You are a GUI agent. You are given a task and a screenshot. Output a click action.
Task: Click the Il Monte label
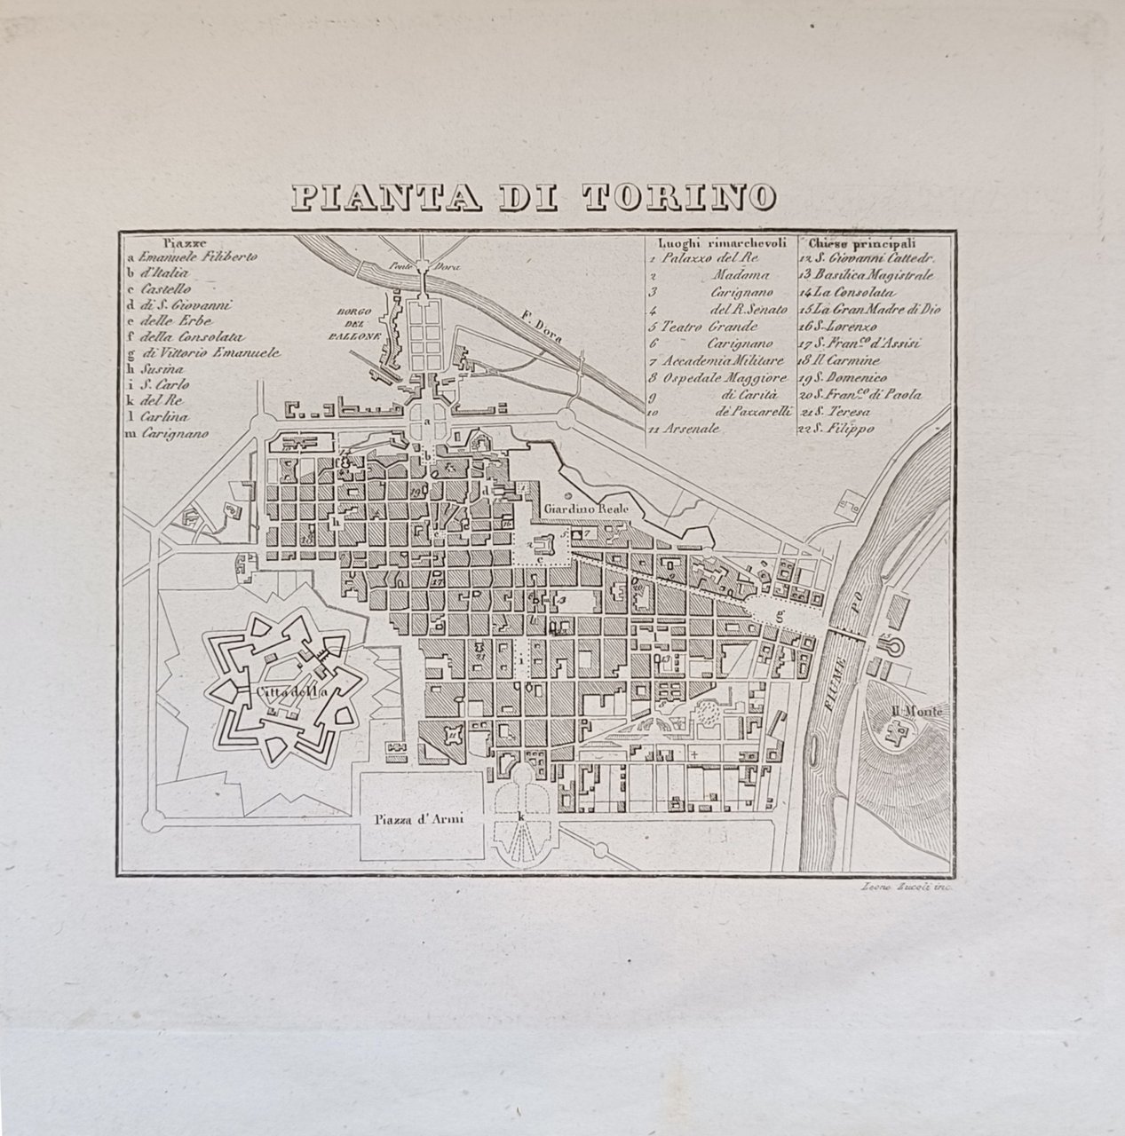point(916,712)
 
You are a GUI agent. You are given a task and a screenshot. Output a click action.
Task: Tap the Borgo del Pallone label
point(359,325)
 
